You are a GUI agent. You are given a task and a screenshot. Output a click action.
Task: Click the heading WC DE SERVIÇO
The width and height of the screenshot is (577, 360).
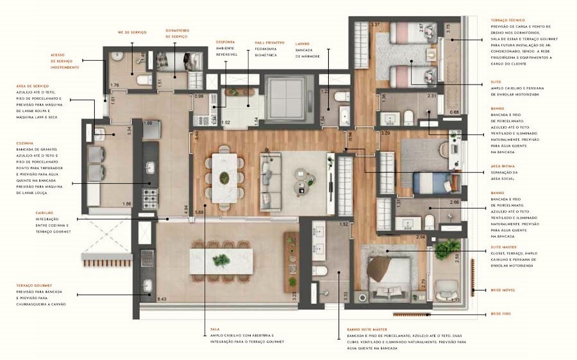(x=132, y=31)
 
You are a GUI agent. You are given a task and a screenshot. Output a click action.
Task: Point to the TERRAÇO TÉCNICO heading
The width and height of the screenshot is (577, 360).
(x=508, y=20)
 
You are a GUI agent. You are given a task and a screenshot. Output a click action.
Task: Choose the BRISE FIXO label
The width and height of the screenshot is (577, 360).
(x=501, y=313)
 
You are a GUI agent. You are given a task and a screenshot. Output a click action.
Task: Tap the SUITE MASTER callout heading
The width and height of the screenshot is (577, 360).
(x=504, y=247)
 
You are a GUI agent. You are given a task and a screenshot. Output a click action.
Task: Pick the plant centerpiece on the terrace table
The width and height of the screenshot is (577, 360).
(x=221, y=261)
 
